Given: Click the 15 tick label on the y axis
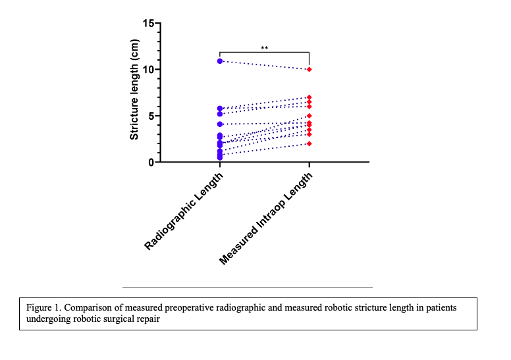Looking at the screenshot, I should [x=148, y=24].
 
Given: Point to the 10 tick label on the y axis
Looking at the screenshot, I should [x=148, y=70].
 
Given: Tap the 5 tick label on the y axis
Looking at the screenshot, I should [x=150, y=116].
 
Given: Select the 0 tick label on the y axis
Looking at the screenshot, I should [x=150, y=162].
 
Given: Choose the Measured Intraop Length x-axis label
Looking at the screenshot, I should [x=267, y=219].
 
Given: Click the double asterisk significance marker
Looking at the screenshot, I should [x=264, y=48].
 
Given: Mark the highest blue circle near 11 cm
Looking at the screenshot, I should [x=219, y=61].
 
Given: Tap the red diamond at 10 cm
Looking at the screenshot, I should [x=309, y=69].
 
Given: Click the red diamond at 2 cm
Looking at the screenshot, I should [x=309, y=143].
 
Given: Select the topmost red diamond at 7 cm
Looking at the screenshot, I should [x=309, y=97].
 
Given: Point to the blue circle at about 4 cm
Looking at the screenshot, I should [x=219, y=124].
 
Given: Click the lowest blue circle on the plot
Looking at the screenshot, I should [x=219, y=157].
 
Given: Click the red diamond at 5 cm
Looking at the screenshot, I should [x=309, y=116].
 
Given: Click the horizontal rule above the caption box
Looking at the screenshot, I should [x=247, y=287].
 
